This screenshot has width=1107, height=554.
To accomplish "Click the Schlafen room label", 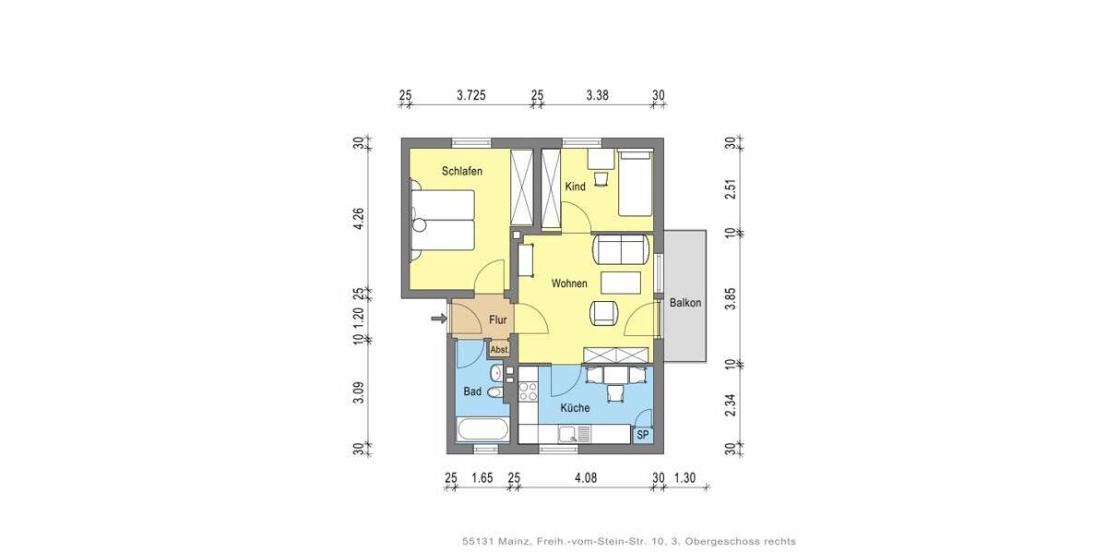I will [x=462, y=172].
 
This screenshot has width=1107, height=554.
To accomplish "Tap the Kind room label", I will [x=575, y=187].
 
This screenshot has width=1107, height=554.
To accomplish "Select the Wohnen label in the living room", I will [x=569, y=283].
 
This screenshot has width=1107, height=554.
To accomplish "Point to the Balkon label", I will [x=685, y=303].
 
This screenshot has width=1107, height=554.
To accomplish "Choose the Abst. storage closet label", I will [x=499, y=350].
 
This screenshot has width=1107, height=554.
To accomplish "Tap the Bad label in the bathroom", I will [x=472, y=391].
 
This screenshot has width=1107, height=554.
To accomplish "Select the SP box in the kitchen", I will [x=643, y=435].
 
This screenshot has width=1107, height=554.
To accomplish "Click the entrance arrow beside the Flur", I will [x=437, y=319].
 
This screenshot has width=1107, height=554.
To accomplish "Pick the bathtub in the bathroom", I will [x=482, y=430].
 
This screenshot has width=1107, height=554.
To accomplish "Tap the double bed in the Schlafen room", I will [x=443, y=220].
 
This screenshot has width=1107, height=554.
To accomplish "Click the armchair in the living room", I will [x=604, y=313].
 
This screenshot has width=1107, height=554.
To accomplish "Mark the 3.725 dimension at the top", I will [x=471, y=95].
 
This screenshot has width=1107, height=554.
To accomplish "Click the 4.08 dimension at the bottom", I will [x=586, y=477].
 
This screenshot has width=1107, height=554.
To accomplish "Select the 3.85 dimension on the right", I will [x=729, y=298].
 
